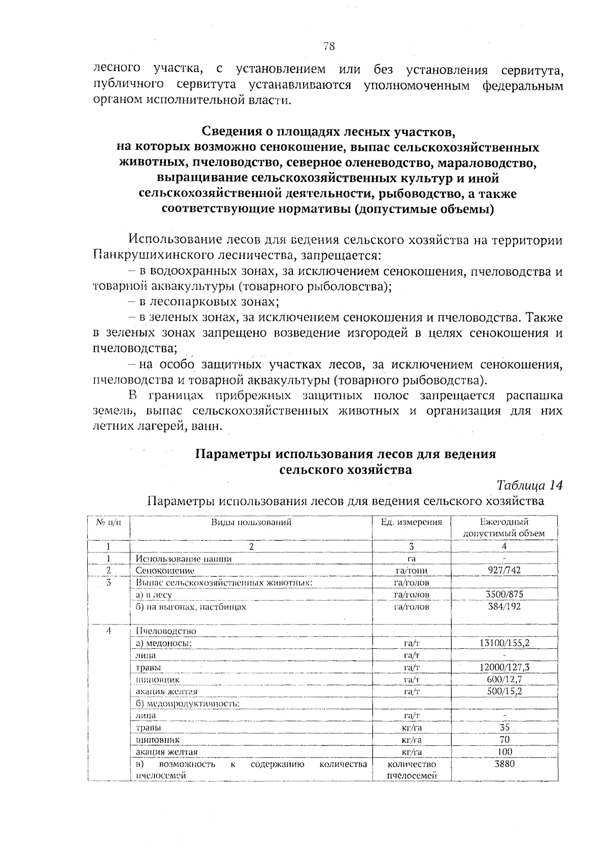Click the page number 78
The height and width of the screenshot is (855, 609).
(x=329, y=47)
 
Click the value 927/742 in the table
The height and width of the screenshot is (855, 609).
(x=504, y=570)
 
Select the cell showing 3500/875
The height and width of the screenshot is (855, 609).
(x=504, y=595)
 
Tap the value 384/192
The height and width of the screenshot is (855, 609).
(x=504, y=607)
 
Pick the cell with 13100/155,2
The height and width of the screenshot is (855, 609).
(x=504, y=643)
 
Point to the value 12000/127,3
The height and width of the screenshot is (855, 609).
(x=504, y=668)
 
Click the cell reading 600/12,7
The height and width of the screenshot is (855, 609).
(x=504, y=679)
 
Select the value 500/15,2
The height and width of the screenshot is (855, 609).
(x=504, y=692)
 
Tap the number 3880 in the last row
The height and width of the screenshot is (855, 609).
(x=504, y=764)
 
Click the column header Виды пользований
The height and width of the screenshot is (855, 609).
(x=251, y=522)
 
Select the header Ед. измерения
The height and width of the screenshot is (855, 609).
(x=411, y=522)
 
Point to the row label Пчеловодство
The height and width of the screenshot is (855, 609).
(x=165, y=631)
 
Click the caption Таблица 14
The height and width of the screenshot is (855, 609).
(x=529, y=485)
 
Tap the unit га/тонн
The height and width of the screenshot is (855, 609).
(x=411, y=571)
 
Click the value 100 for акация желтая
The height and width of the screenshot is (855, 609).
(x=504, y=751)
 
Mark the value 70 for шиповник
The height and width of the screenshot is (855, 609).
(x=504, y=740)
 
